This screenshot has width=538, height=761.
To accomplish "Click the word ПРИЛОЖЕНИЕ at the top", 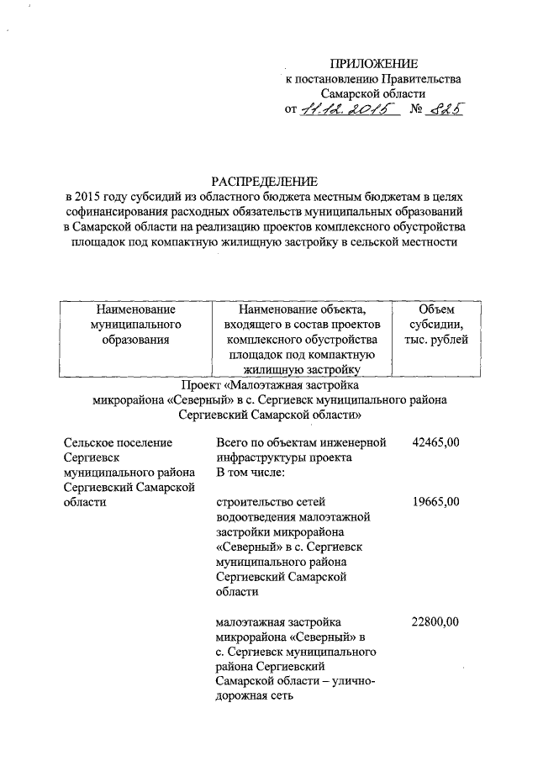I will click(372, 64).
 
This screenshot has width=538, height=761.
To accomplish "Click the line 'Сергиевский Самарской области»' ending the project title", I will click(270, 415).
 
